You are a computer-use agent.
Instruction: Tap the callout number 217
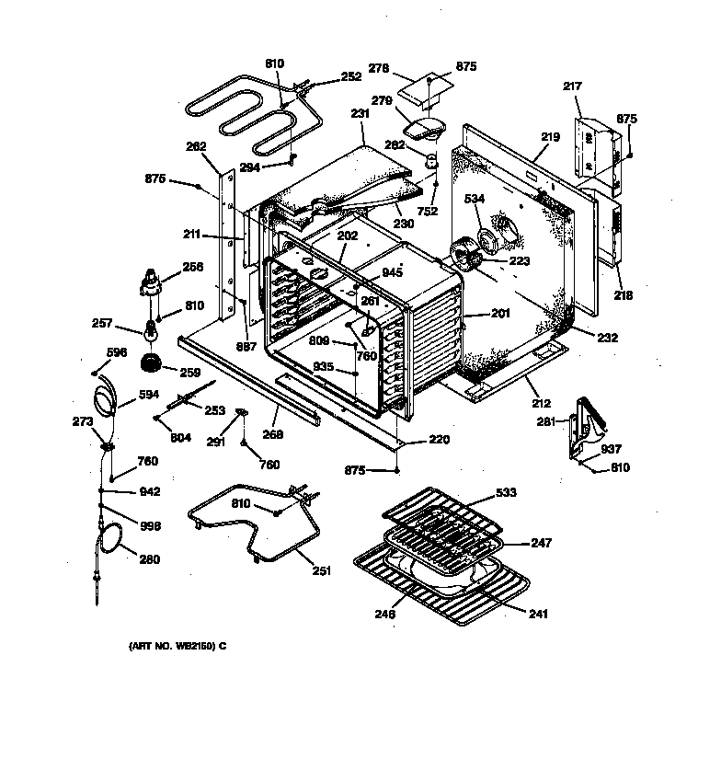(x=572, y=86)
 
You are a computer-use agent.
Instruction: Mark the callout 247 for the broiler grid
(x=542, y=543)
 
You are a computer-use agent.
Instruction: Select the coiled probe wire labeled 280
(x=112, y=538)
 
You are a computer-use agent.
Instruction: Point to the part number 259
(x=189, y=373)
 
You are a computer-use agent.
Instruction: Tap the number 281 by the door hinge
(x=546, y=422)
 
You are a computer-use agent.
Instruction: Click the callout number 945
(x=393, y=272)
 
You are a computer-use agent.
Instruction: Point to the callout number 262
(x=195, y=145)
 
